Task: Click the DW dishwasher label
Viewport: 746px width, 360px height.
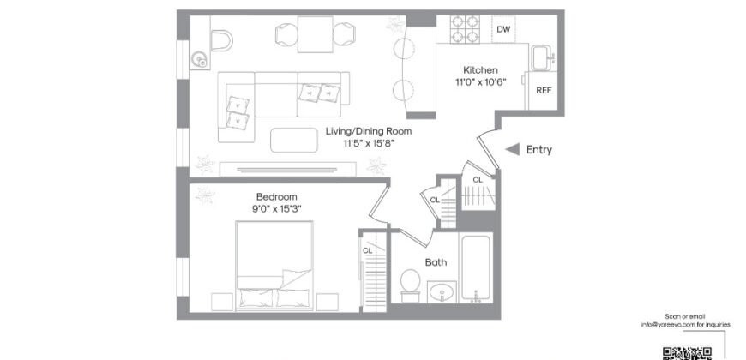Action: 503,30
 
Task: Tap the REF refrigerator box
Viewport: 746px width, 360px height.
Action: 543,90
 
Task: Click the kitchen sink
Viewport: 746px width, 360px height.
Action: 542,58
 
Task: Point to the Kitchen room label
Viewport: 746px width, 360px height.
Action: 480,70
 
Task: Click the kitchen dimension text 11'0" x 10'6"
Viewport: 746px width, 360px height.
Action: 480,82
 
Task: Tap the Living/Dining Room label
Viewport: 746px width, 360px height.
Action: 369,131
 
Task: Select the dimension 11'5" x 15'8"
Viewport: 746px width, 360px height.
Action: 369,144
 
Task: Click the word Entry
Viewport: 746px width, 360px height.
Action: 538,150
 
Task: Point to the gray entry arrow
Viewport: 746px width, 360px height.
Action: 511,150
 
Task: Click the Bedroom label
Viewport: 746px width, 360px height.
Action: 271,196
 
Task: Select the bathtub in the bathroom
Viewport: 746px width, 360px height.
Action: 476,270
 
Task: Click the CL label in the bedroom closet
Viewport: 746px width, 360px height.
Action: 367,250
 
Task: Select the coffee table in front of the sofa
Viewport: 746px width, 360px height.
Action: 293,139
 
